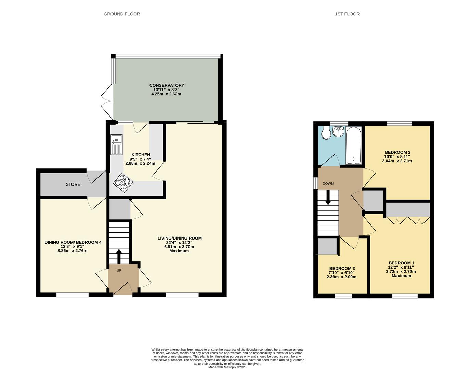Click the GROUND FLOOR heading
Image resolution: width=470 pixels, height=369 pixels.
pyautogui.click(x=122, y=14)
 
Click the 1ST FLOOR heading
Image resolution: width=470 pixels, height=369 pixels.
pyautogui.click(x=347, y=14)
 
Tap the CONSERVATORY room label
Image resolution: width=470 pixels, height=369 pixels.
pyautogui.click(x=167, y=85)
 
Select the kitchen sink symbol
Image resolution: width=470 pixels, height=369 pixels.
pyautogui.click(x=116, y=145)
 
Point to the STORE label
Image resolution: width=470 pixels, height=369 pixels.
pyautogui.click(x=73, y=184)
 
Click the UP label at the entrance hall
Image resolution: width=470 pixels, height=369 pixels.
pyautogui.click(x=119, y=270)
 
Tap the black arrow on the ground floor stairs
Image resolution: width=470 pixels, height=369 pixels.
pyautogui.click(x=119, y=256)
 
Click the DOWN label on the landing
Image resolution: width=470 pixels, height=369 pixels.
pyautogui.click(x=328, y=184)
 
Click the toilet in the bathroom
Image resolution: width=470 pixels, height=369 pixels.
pyautogui.click(x=326, y=133)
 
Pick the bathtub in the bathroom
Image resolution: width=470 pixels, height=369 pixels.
pyautogui.click(x=353, y=145)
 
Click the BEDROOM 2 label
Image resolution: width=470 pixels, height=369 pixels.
pyautogui.click(x=397, y=152)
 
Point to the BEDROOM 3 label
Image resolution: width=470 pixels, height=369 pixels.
pyautogui.click(x=342, y=269)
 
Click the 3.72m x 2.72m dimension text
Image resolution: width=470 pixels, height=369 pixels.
pyautogui.click(x=401, y=272)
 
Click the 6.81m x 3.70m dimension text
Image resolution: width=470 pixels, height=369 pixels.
pyautogui.click(x=179, y=247)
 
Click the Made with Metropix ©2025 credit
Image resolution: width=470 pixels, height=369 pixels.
pyautogui.click(x=227, y=367)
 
